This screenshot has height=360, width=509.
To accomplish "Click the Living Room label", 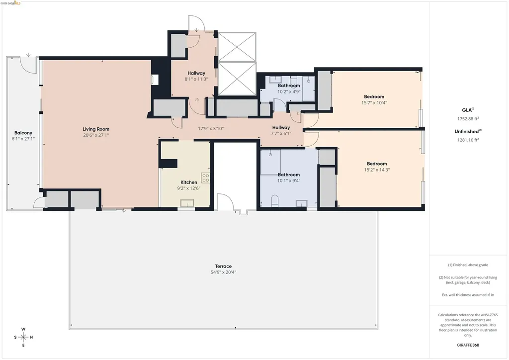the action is (96, 129).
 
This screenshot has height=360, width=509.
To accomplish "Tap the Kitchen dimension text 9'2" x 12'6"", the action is (188, 188).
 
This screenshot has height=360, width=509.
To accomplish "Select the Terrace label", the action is (223, 266).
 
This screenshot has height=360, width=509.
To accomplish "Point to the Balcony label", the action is (23, 133).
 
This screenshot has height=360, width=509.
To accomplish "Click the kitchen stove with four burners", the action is (205, 178).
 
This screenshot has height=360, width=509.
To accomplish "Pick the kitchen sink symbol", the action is (187, 203).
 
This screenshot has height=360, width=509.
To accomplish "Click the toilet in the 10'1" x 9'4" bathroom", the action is (274, 201).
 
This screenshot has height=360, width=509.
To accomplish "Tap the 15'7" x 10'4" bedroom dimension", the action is (374, 103).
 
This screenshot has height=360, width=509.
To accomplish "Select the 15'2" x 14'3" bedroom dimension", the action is (377, 170).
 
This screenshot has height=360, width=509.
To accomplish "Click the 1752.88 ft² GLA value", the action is (468, 118).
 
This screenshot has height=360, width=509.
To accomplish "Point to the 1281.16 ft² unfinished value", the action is (468, 140).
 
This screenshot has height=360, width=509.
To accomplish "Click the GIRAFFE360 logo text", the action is (468, 345).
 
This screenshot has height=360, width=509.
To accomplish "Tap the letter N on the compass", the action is (31, 337).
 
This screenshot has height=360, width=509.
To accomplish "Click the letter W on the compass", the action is (23, 329).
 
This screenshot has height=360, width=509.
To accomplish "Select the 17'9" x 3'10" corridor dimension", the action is (211, 129).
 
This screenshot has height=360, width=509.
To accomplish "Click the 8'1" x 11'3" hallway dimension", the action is (196, 79).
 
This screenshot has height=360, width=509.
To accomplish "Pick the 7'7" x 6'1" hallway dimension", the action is (281, 133).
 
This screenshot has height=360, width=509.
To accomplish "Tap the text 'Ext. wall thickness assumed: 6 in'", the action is (468, 295).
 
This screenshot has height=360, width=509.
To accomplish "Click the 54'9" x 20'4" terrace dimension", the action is (223, 272).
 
